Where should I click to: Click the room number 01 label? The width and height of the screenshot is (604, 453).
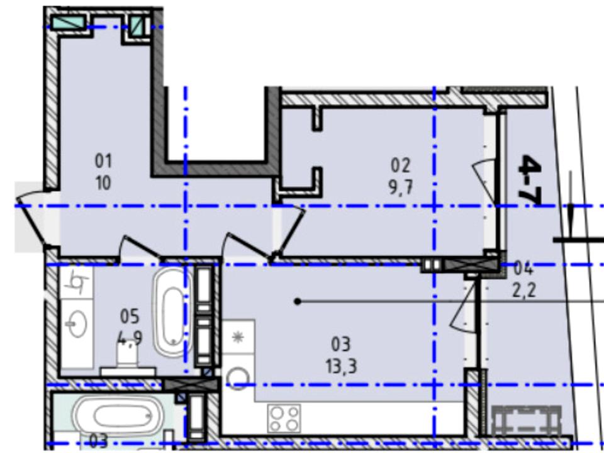point(103,160)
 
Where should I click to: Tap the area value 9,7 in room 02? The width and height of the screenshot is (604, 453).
point(401,187)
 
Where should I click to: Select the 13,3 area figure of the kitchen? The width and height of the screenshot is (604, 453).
point(341,366)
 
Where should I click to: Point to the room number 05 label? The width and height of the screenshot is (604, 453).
point(130,316)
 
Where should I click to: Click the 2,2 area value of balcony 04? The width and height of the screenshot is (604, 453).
point(524,290)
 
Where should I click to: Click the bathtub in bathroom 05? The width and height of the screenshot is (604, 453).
point(173,313)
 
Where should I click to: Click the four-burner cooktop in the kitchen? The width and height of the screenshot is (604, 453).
point(284,418)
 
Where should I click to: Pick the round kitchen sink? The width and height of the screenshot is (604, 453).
point(238,379)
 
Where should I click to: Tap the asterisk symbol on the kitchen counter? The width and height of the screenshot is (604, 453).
point(238,337)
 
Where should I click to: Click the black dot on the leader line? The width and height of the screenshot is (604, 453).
point(298,301)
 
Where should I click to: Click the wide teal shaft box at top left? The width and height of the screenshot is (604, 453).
point(69,23)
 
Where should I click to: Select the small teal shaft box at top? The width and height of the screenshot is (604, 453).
point(136,26)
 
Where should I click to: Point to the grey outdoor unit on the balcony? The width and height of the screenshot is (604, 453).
point(526,420)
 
